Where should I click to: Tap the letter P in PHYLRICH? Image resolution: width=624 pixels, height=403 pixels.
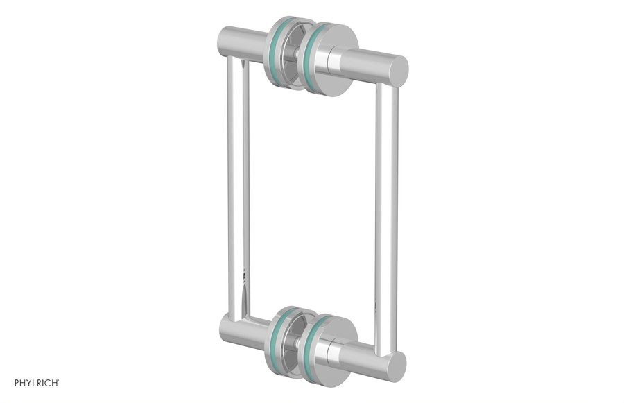tap(8, 382)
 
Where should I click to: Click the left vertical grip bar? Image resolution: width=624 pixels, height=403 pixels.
tap(236, 187)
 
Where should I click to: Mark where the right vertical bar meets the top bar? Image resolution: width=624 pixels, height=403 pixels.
tap(386, 85)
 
